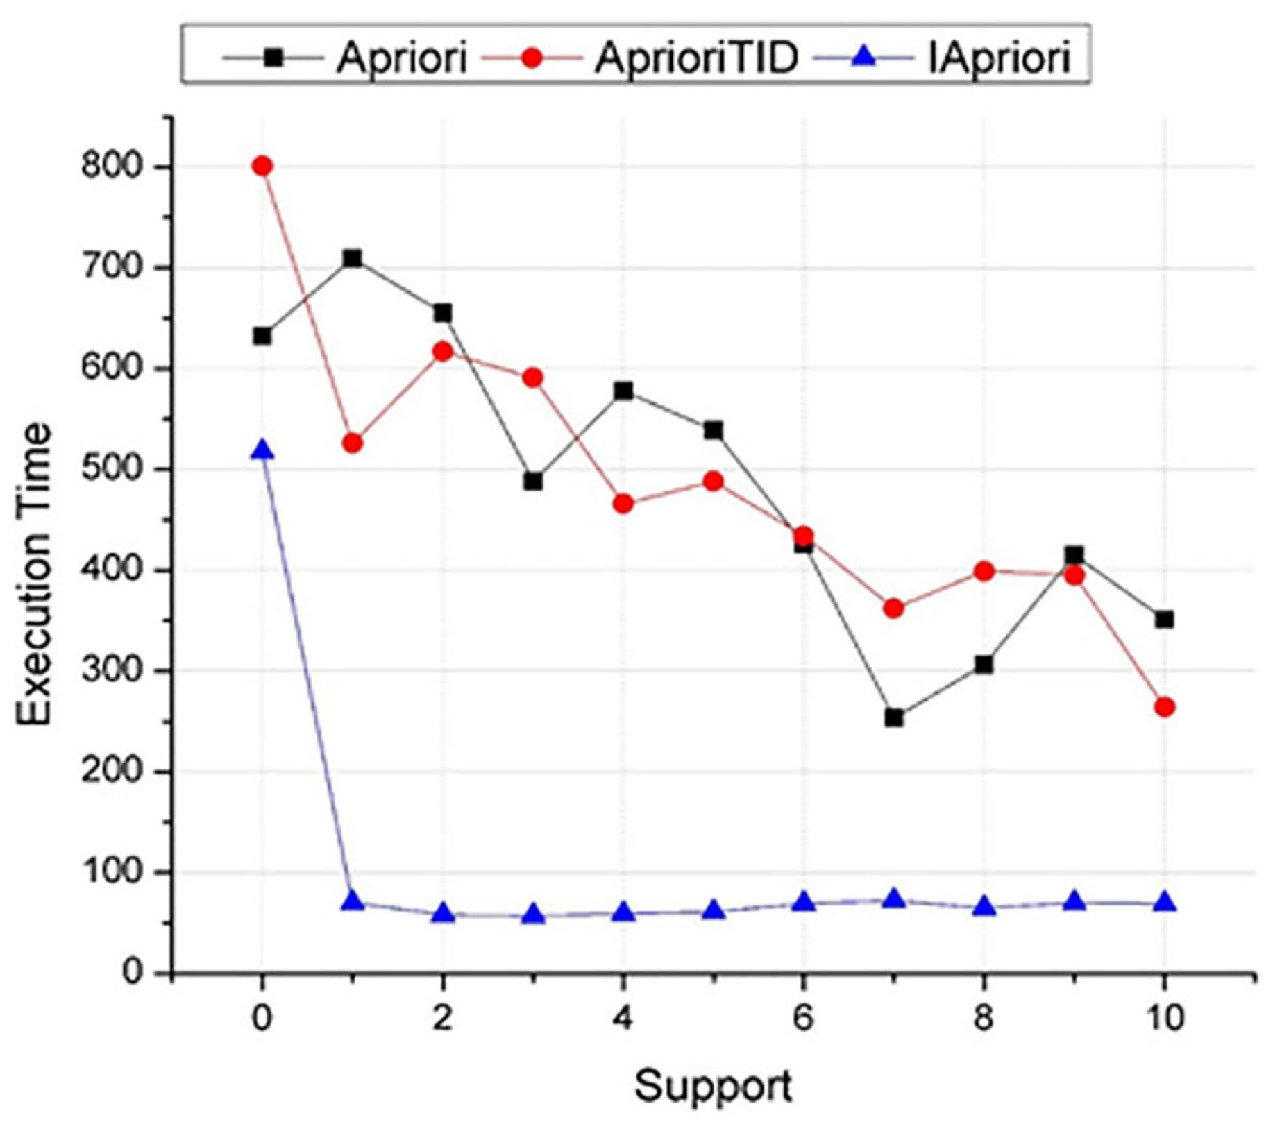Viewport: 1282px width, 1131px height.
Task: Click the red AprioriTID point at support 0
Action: point(262,167)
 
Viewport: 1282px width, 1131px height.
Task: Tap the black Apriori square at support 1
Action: point(353,259)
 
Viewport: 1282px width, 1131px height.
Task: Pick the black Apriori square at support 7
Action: point(894,718)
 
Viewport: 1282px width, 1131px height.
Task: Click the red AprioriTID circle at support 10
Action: point(1165,707)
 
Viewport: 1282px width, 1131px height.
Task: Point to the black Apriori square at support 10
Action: point(1165,619)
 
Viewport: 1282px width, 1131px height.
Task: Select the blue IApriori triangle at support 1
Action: point(353,901)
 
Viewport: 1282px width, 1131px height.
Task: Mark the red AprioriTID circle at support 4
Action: point(623,504)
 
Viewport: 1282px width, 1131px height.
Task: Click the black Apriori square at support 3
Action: point(533,482)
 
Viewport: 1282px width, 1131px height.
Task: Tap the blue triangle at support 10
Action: point(1165,903)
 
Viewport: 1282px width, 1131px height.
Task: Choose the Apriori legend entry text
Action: point(402,58)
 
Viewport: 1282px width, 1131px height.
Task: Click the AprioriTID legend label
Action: point(696,58)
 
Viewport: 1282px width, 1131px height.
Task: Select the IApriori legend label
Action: point(1000,58)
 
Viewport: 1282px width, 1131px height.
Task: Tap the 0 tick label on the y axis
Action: point(132,973)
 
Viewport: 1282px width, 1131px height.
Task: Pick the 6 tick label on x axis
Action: point(803,1019)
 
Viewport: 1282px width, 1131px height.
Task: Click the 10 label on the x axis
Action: point(1165,1019)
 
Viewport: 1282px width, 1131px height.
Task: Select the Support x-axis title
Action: point(713,1086)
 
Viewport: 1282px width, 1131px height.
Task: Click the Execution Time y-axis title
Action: point(35,575)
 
